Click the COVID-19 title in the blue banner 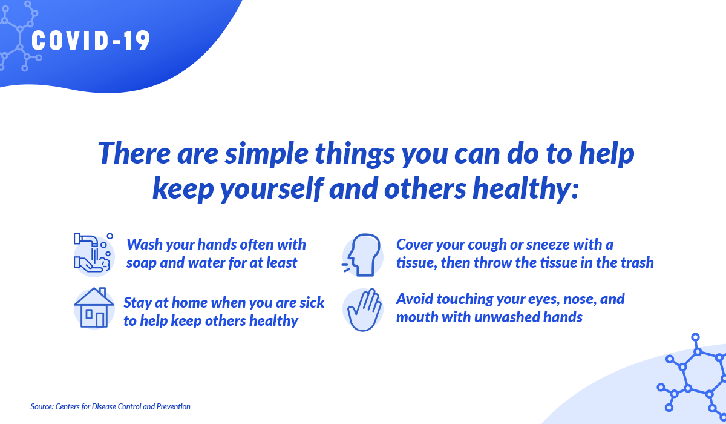91,41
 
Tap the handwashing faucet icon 94,254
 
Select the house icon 94,308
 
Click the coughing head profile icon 363,255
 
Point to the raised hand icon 364,310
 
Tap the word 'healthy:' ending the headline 525,189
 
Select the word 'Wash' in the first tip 144,244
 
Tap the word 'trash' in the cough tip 637,263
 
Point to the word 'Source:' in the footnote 42,407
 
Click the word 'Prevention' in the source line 174,407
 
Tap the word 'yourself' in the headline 272,190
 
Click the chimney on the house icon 102,291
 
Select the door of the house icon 100,320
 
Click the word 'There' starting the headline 134,153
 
